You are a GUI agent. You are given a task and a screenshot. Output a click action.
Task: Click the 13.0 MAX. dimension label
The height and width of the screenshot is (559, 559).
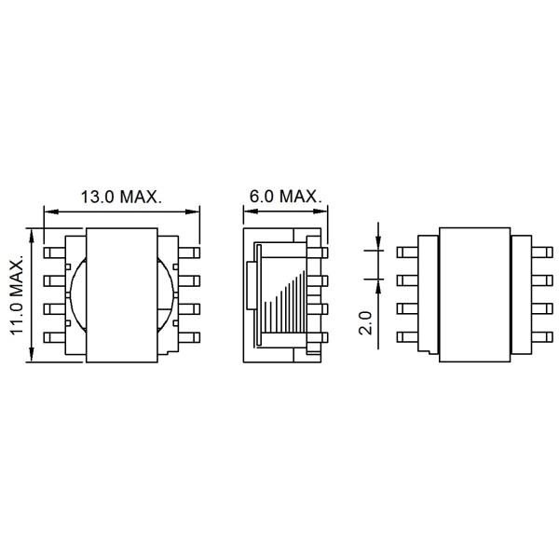tap(121, 197)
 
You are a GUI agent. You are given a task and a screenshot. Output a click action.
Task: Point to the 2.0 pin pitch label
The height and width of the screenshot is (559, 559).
tap(365, 322)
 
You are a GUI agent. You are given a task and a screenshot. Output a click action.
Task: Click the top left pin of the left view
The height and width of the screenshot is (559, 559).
tap(55, 252)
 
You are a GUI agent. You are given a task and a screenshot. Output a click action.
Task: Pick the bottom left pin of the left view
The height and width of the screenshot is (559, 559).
tap(55, 337)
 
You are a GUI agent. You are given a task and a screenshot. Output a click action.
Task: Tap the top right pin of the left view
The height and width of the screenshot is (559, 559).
tap(189, 252)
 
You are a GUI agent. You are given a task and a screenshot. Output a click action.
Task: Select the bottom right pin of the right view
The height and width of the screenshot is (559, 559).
tap(542, 337)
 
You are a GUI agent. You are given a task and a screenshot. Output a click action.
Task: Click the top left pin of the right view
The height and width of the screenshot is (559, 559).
tap(407, 252)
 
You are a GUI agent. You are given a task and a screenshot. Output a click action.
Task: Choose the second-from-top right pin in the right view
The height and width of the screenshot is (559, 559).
tap(542, 280)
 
